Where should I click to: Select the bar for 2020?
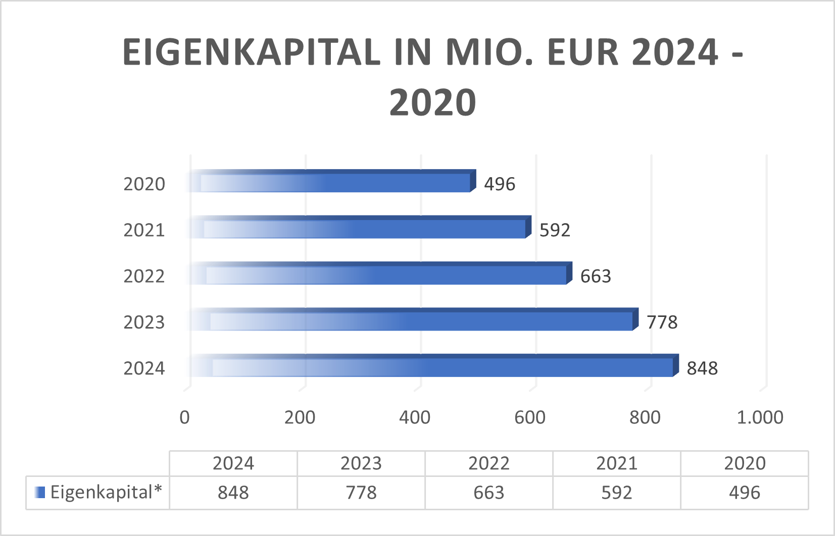(x=333, y=182)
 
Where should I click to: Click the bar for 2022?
(x=384, y=275)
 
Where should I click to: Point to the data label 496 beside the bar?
(x=499, y=184)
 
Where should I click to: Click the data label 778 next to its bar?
(x=662, y=322)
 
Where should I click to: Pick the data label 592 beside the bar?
(x=555, y=230)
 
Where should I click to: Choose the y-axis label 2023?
(x=144, y=322)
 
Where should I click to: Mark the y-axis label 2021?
(x=144, y=230)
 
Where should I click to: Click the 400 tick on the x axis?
(x=414, y=417)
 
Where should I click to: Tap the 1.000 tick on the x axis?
(x=760, y=417)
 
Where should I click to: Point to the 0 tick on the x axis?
(x=185, y=417)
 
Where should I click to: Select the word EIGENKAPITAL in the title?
(x=251, y=52)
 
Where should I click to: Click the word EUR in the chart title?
(x=582, y=52)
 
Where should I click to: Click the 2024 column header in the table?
(x=233, y=463)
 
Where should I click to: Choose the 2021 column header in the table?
(x=616, y=463)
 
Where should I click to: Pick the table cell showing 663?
(x=488, y=493)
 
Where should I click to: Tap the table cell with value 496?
(x=744, y=493)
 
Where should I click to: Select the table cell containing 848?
(x=233, y=493)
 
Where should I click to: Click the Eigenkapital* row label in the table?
(x=106, y=492)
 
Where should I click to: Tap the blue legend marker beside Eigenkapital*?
(x=40, y=492)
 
